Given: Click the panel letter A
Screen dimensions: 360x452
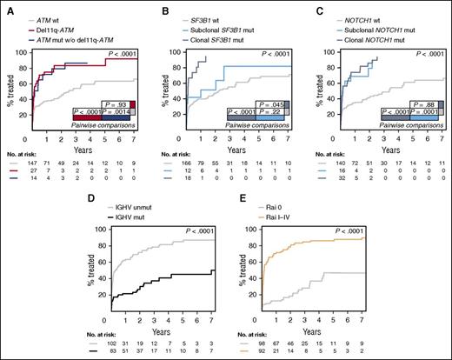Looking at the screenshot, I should (x=6, y=6).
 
